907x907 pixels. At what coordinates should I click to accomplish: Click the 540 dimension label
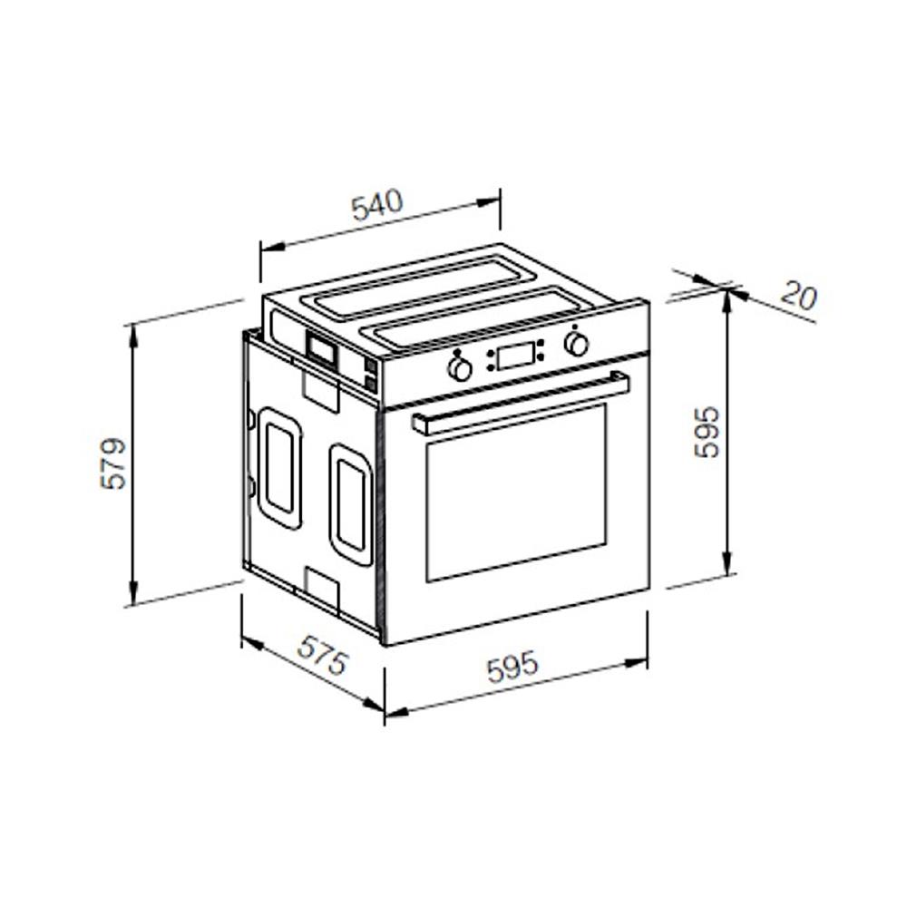coord(377,205)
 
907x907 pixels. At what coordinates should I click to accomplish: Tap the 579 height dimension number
coord(113,463)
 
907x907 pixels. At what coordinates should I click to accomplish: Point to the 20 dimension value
coord(799,296)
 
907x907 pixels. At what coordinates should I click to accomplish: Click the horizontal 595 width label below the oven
coord(512,667)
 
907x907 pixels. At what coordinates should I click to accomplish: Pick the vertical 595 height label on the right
coord(707,433)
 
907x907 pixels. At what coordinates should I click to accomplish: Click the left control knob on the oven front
coord(460,369)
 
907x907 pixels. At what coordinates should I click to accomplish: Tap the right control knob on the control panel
coord(577,344)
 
